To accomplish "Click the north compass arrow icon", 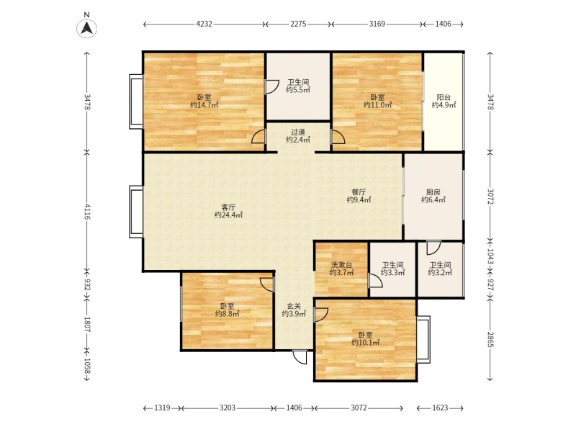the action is coord(86,28).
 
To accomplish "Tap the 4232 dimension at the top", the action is coord(204,24).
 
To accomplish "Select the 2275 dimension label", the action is coord(298,24).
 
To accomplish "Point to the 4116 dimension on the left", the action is coord(87,211).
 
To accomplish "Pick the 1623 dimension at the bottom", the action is coord(440,408).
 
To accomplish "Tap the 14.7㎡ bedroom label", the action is coord(204,102).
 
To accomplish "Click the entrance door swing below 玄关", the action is coord(300,357).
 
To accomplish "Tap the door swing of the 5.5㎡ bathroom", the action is coord(272,87).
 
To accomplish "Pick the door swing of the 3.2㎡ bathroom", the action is coord(434,248).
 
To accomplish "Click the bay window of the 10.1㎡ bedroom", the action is coord(423,339).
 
